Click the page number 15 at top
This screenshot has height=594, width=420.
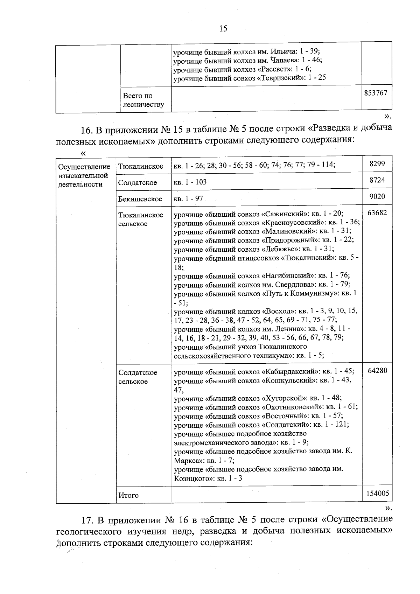pos(223,28)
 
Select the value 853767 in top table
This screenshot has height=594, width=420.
pos(376,93)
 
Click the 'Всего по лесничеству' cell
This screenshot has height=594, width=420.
pos(143,100)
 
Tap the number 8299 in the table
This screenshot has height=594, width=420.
pos(377,163)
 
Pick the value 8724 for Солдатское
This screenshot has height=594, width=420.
pos(377,180)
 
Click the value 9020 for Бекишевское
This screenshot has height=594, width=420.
pos(377,196)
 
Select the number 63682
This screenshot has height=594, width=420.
pos(377,213)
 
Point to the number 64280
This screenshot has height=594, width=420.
pos(377,370)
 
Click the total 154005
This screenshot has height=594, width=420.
pos(377,494)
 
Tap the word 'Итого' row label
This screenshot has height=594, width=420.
pos(128,495)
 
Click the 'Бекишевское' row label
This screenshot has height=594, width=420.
pos(140,199)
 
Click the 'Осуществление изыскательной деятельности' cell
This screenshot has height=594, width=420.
pos(84,175)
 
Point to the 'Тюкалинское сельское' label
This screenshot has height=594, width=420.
pos(141,219)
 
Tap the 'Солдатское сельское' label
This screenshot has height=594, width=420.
pos(138,377)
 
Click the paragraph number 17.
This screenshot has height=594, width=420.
pos(86,519)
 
